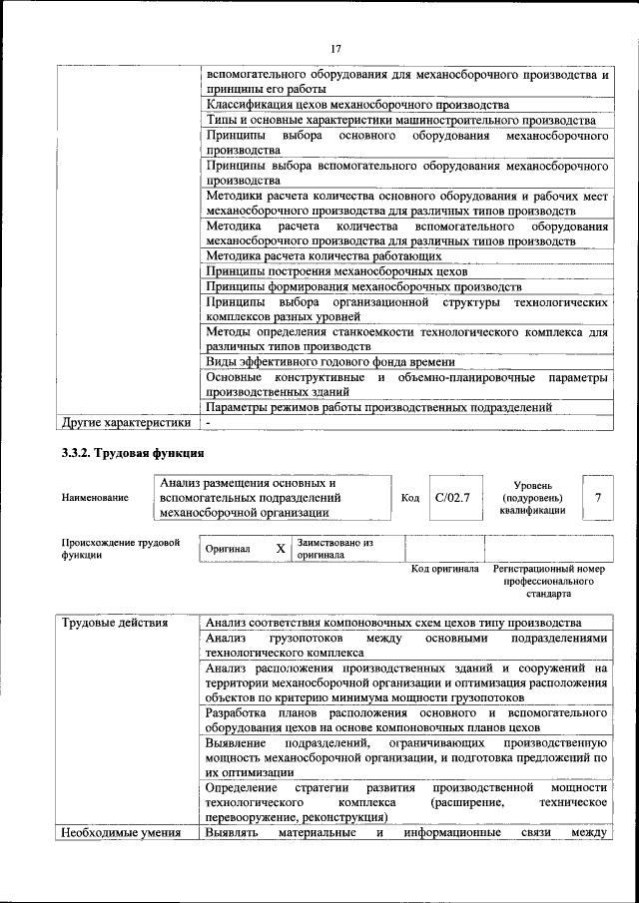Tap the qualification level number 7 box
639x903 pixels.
pos(597,496)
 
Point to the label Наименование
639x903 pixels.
pos(95,497)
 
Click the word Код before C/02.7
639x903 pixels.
pos(410,497)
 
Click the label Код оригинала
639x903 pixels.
pos(445,569)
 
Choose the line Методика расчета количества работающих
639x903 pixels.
pos(323,256)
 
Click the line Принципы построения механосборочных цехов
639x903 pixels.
pos(336,271)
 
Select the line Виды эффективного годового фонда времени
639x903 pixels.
pos(330,362)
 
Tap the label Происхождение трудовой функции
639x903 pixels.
pos(120,549)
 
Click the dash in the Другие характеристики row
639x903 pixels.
pos(209,423)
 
